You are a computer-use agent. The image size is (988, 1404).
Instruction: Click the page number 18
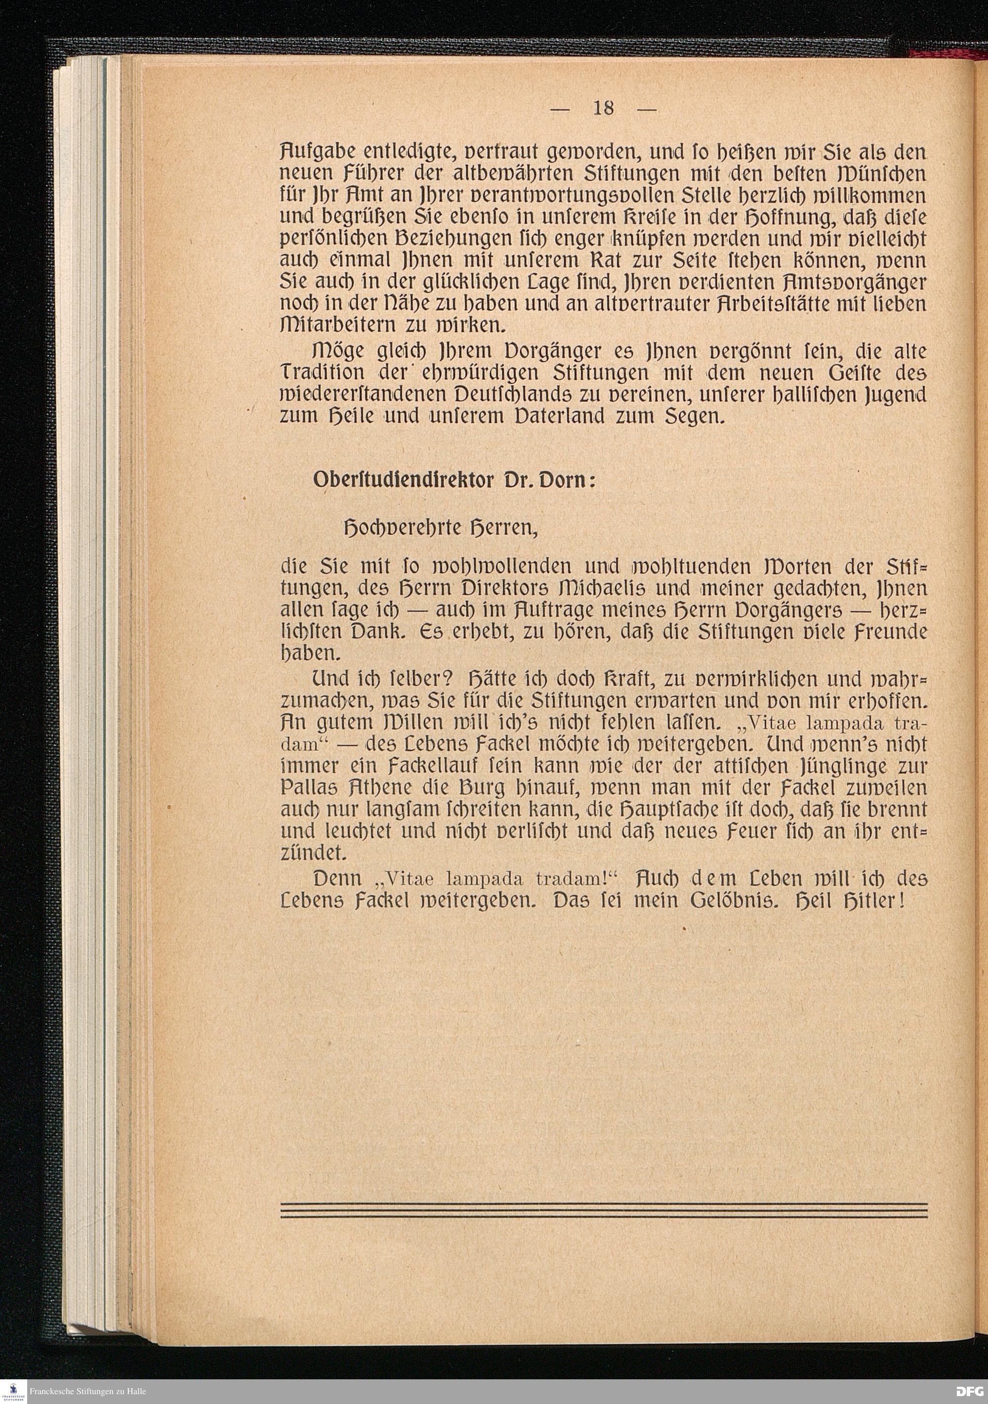click(x=603, y=108)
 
